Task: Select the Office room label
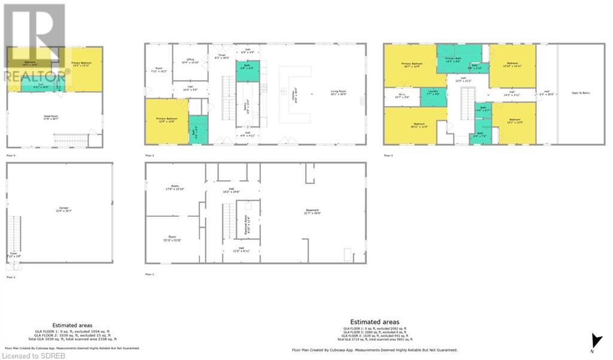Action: tap(190, 61)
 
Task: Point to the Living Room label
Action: tap(338, 93)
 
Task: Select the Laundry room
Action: tap(433, 93)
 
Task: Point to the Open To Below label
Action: tap(581, 93)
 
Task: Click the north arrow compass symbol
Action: tap(593, 340)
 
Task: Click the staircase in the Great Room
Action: tap(70, 140)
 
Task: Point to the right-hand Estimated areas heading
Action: tap(374, 322)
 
